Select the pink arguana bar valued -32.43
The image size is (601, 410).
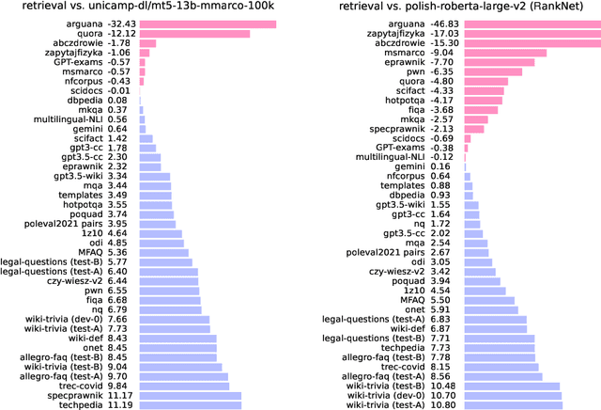pos(208,24)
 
